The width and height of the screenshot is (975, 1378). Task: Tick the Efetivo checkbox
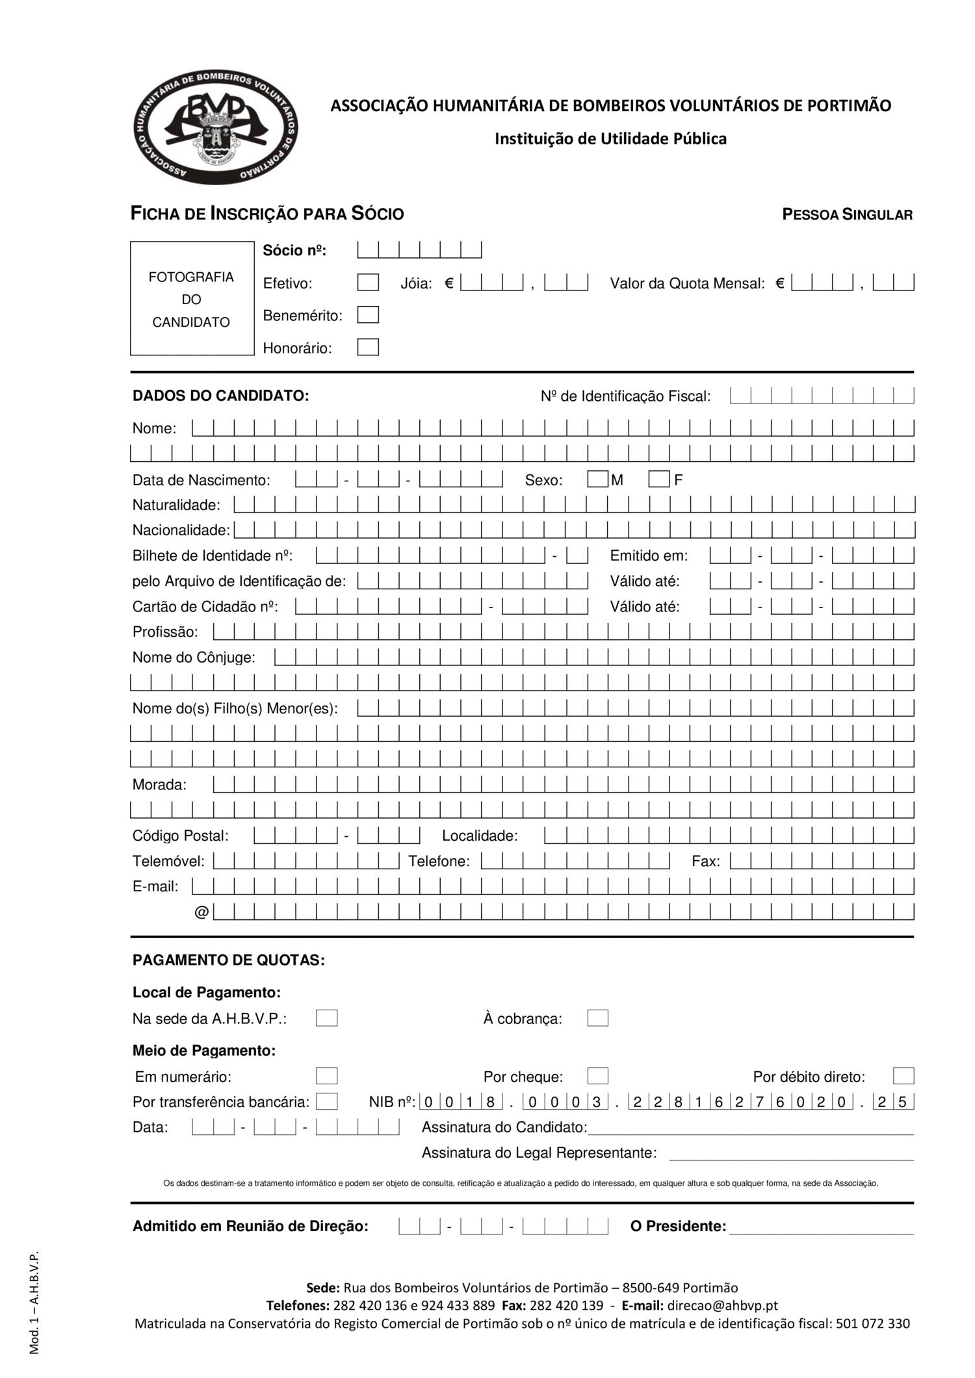pyautogui.click(x=368, y=283)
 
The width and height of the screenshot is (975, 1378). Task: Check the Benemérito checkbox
pyautogui.click(x=368, y=315)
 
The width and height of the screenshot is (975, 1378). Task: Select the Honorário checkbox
pyautogui.click(x=368, y=347)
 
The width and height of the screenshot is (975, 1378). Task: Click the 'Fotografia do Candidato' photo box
pyautogui.click(x=192, y=299)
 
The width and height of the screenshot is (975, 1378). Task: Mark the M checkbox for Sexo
pyautogui.click(x=597, y=479)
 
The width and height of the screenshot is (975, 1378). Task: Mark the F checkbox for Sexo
pyautogui.click(x=658, y=479)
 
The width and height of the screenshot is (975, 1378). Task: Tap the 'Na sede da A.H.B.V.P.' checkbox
pyautogui.click(x=326, y=1018)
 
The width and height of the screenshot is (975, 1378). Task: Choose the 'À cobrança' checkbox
pyautogui.click(x=597, y=1018)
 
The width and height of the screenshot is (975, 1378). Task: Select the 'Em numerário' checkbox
pyautogui.click(x=326, y=1076)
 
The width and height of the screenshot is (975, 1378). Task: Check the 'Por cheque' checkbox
pyautogui.click(x=597, y=1076)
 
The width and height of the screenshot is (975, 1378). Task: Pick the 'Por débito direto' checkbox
pyautogui.click(x=903, y=1076)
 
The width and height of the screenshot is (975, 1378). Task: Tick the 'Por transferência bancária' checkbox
pyautogui.click(x=326, y=1101)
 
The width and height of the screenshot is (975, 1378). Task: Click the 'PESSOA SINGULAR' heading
pyautogui.click(x=847, y=214)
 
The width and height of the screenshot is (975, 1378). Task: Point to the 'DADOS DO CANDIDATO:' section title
pyautogui.click(x=220, y=396)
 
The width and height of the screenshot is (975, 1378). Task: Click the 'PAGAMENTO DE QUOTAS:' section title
pyautogui.click(x=228, y=960)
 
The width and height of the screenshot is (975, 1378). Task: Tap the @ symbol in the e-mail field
pyautogui.click(x=201, y=913)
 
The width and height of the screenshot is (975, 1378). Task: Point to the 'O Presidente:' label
pyautogui.click(x=678, y=1226)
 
